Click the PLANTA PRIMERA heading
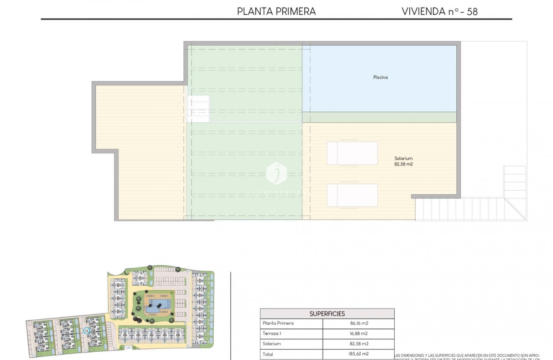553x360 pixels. (x=276, y=11)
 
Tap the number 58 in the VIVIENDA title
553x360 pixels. (x=472, y=11)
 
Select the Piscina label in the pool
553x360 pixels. (x=380, y=77)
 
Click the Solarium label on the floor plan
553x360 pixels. (x=403, y=158)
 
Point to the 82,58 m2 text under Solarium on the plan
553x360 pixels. (x=403, y=164)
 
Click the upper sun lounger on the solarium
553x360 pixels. (x=352, y=153)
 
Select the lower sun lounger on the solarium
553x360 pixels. (x=352, y=195)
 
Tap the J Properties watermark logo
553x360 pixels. (x=276, y=173)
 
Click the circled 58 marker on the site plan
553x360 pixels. (x=86, y=330)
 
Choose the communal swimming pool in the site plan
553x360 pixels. (x=158, y=303)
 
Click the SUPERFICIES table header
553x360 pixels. (x=327, y=313)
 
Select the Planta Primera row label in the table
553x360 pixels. (x=278, y=323)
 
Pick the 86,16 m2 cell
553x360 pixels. (x=359, y=323)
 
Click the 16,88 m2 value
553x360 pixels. (x=359, y=334)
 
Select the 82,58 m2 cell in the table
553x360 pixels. (x=359, y=344)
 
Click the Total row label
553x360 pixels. (x=268, y=354)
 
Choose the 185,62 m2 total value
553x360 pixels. (x=359, y=354)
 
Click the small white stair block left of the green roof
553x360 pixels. (x=199, y=109)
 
